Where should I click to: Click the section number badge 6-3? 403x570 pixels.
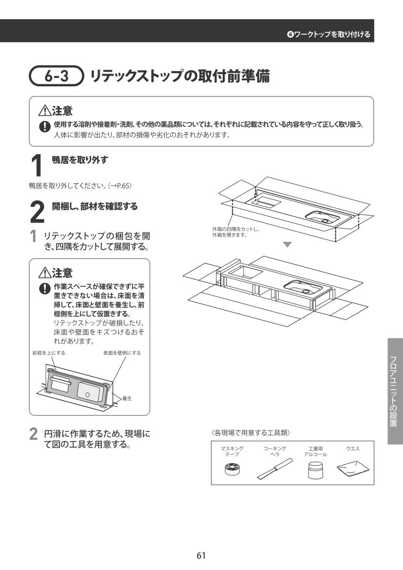click(x=57, y=76)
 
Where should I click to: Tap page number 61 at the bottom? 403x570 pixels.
click(x=201, y=555)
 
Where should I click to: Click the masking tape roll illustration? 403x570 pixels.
click(x=232, y=469)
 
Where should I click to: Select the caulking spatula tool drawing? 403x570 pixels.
click(x=275, y=469)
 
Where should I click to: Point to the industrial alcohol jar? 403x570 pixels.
click(x=315, y=471)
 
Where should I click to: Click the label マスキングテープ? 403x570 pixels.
click(x=232, y=452)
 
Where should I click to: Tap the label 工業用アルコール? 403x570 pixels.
click(x=315, y=452)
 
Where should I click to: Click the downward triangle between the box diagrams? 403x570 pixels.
click(x=288, y=245)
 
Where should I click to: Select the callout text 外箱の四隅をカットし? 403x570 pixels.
click(x=235, y=229)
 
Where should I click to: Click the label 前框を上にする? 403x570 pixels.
click(x=49, y=353)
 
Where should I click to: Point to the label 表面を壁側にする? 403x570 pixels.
click(x=122, y=353)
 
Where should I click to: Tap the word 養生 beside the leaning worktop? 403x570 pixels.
click(x=127, y=398)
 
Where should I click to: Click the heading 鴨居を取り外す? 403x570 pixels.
click(x=80, y=160)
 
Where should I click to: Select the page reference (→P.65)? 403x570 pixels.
click(x=119, y=186)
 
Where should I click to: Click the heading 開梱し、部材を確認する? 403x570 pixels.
click(x=95, y=206)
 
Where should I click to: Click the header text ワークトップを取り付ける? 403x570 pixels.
click(x=332, y=34)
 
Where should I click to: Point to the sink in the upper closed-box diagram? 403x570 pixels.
click(x=322, y=217)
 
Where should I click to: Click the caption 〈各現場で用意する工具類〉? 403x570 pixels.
click(x=250, y=433)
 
